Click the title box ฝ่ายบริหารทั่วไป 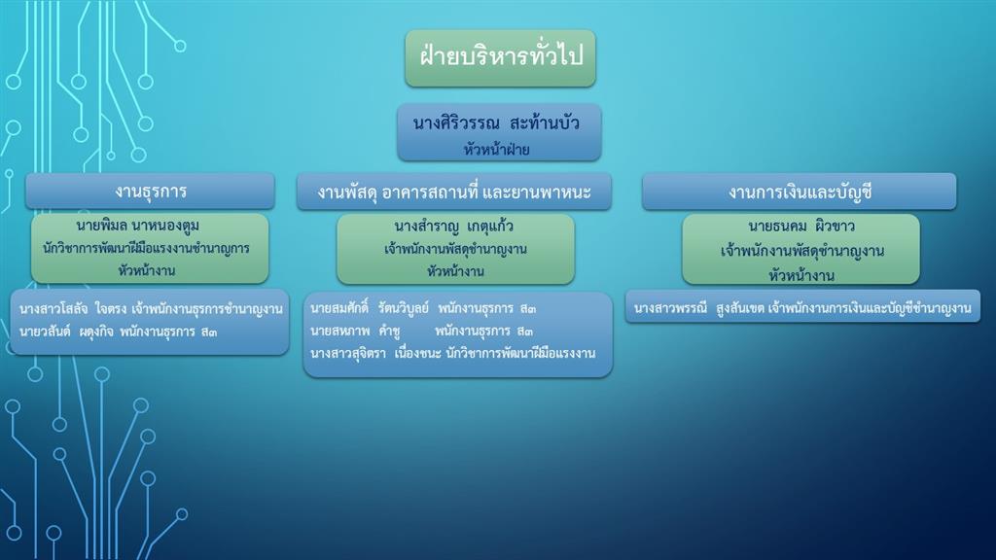pyautogui.click(x=501, y=57)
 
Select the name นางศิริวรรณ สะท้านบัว pyautogui.click(x=496, y=122)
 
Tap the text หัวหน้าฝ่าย pyautogui.click(x=496, y=150)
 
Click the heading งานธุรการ pyautogui.click(x=151, y=192)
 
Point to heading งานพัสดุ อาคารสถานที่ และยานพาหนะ pyautogui.click(x=454, y=192)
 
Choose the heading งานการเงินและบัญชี pyautogui.click(x=800, y=192)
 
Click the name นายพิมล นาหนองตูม pyautogui.click(x=138, y=226)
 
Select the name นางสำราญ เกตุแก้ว pyautogui.click(x=453, y=226)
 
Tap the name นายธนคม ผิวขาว pyautogui.click(x=801, y=226)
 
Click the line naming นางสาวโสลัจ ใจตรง pyautogui.click(x=151, y=309)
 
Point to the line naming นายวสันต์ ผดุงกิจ pyautogui.click(x=118, y=332)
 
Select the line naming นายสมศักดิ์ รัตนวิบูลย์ pyautogui.click(x=423, y=308)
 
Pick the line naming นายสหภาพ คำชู pyautogui.click(x=422, y=331)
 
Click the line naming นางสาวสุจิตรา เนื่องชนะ pyautogui.click(x=453, y=353)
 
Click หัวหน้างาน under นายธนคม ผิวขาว pyautogui.click(x=801, y=275)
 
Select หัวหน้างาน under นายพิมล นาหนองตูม pyautogui.click(x=146, y=270)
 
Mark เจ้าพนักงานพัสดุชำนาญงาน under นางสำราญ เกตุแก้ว pyautogui.click(x=455, y=249)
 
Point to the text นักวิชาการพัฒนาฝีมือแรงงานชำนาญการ pyautogui.click(x=146, y=248)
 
